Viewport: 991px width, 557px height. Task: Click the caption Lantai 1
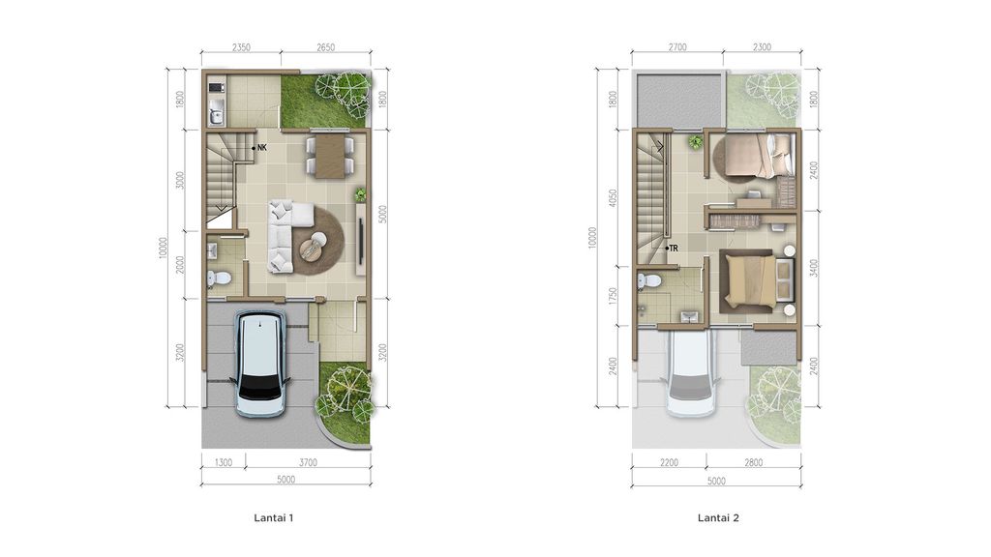point(273,517)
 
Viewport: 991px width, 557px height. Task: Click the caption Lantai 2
point(718,517)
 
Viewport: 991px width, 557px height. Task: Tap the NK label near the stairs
point(261,148)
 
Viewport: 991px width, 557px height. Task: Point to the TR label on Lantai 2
point(674,248)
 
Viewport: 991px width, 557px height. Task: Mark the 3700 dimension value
point(307,462)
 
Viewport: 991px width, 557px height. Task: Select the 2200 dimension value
point(670,462)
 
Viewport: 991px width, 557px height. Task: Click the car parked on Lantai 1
point(261,364)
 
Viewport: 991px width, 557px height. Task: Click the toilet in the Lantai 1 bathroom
point(220,278)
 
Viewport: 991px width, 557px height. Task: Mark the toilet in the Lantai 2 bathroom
point(650,281)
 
